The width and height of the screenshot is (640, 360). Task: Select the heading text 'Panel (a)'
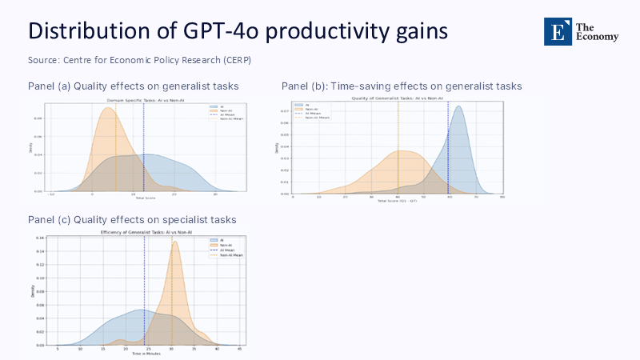point(49,86)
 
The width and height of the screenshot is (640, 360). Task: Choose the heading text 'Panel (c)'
point(49,220)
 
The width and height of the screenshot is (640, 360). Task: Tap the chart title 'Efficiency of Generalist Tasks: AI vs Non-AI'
point(145,232)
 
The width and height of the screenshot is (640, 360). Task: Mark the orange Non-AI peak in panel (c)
point(174,243)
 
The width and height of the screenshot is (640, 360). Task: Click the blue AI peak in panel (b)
point(458,108)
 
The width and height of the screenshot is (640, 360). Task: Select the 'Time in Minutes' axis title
point(145,353)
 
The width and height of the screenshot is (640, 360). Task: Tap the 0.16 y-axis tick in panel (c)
point(40,238)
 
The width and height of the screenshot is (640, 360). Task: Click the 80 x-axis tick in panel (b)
point(502,196)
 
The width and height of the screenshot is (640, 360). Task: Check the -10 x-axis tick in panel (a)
point(50,194)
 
